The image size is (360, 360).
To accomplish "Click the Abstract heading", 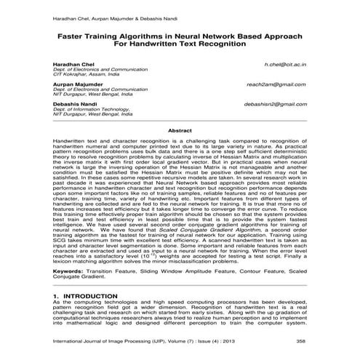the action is coord(180,130).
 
